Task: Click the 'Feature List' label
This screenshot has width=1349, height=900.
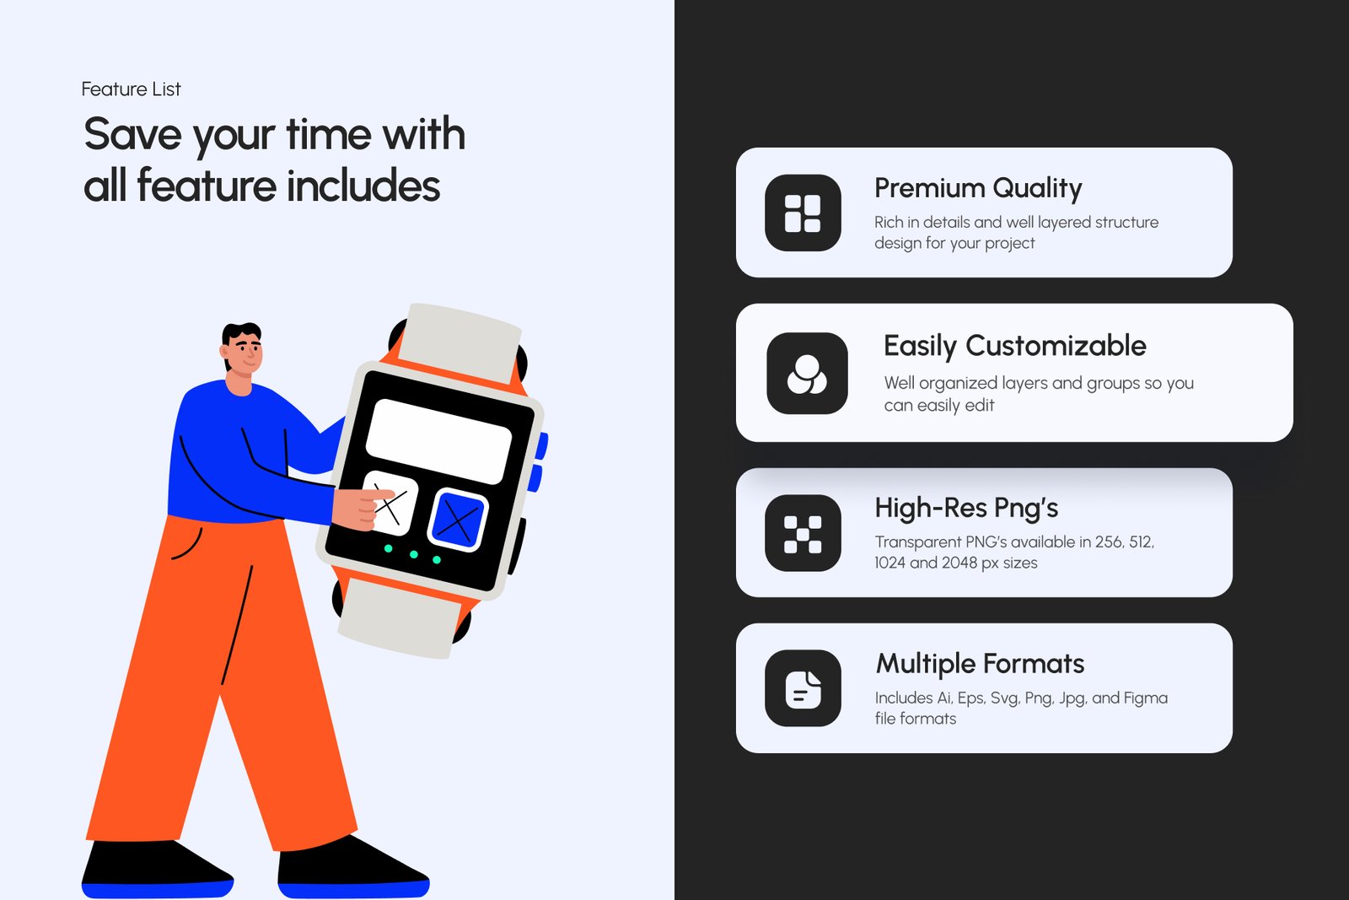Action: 131,89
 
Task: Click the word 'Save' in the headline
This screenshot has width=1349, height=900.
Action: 132,134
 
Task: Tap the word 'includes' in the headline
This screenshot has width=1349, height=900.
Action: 363,186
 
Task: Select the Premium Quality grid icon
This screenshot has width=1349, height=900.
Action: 803,213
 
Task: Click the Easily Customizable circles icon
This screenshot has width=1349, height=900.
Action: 807,374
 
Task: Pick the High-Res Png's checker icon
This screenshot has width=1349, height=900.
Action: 803,533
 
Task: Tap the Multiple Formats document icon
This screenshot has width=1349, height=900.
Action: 803,688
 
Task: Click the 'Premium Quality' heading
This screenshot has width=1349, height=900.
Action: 978,189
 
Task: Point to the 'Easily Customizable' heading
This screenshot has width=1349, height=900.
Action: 1015,347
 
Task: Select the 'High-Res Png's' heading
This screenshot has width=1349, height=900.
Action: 966,509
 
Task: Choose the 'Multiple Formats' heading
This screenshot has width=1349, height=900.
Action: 980,664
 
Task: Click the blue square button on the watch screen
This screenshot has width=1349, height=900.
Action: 458,520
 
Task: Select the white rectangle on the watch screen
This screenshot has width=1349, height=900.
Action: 438,441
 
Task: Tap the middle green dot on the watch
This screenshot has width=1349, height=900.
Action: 414,554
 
